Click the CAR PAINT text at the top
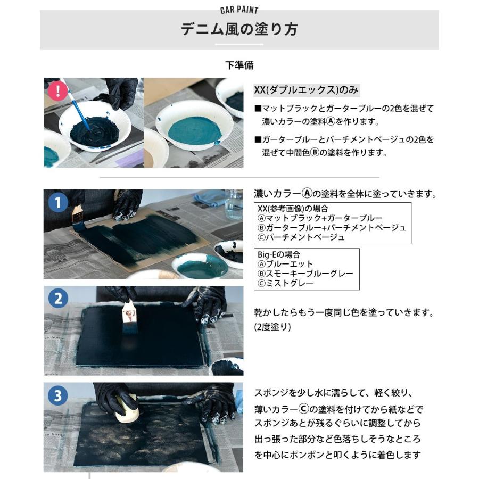tap(239, 10)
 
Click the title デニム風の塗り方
tap(239, 29)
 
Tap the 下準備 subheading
tap(239, 65)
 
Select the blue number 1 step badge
tap(57, 203)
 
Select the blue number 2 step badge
tap(57, 298)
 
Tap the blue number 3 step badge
tap(57, 395)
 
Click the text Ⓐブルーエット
tap(285, 264)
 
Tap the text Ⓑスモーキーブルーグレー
tap(305, 274)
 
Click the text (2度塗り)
tap(272, 327)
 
